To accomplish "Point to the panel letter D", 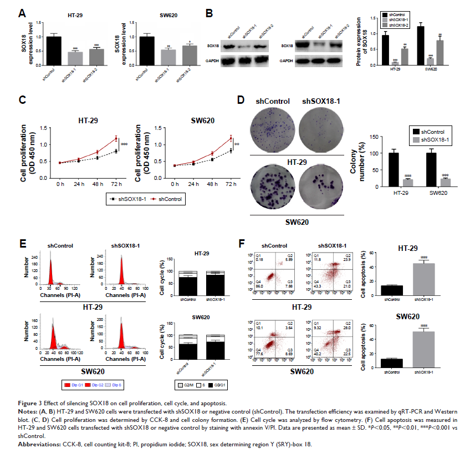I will (x=241, y=100).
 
